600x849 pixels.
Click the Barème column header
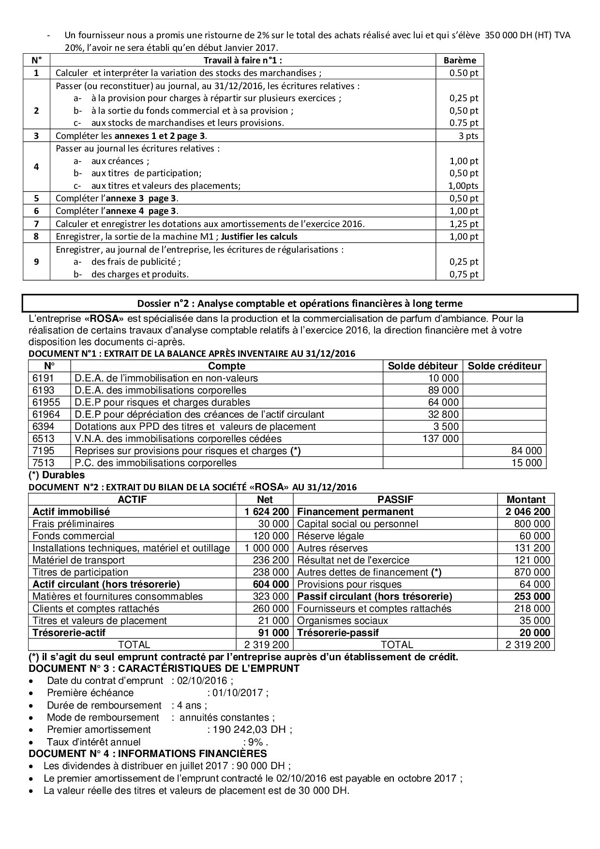pyautogui.click(x=460, y=61)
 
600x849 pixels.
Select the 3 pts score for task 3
pyautogui.click(x=468, y=136)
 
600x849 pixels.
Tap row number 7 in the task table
pyautogui.click(x=36, y=224)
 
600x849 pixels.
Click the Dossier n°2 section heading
pyautogui.click(x=300, y=303)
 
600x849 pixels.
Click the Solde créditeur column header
pyautogui.click(x=504, y=366)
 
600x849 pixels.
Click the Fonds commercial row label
pyautogui.click(x=74, y=536)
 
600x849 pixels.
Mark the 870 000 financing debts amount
pyautogui.click(x=532, y=572)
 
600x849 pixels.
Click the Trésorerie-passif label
pyautogui.click(x=338, y=633)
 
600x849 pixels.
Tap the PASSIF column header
pyautogui.click(x=395, y=500)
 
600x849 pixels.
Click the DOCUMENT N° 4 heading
pyautogui.click(x=148, y=754)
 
